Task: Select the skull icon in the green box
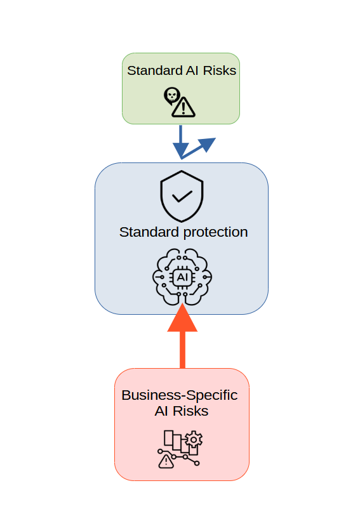coord(171,96)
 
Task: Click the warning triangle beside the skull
coord(184,107)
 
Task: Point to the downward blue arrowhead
coord(181,150)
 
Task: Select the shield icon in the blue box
coord(182,195)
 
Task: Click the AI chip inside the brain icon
coord(182,277)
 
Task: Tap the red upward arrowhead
coord(182,319)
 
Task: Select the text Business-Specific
coord(179,395)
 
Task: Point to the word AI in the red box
coord(162,411)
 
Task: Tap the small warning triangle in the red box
coord(166,461)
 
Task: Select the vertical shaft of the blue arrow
coord(181,135)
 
